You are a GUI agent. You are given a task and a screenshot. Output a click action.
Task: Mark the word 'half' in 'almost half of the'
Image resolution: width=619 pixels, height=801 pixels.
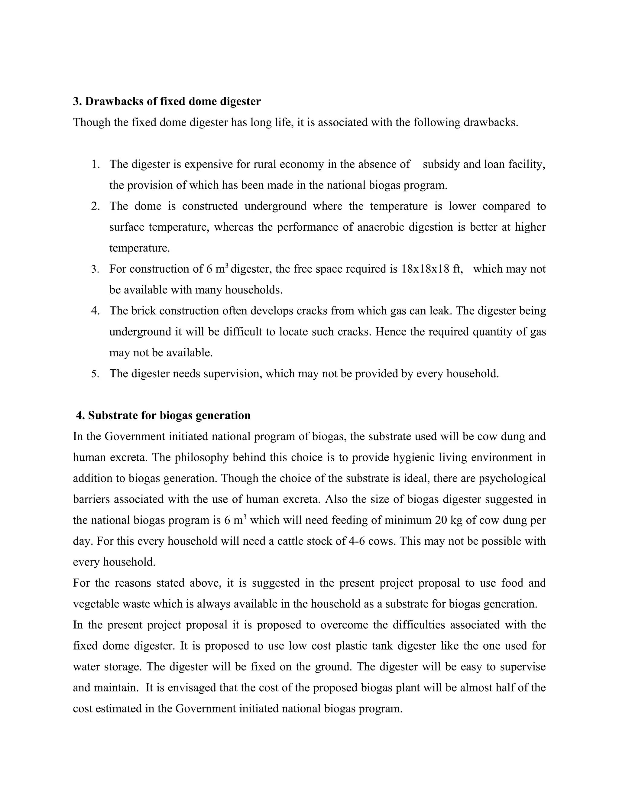[506, 688]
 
